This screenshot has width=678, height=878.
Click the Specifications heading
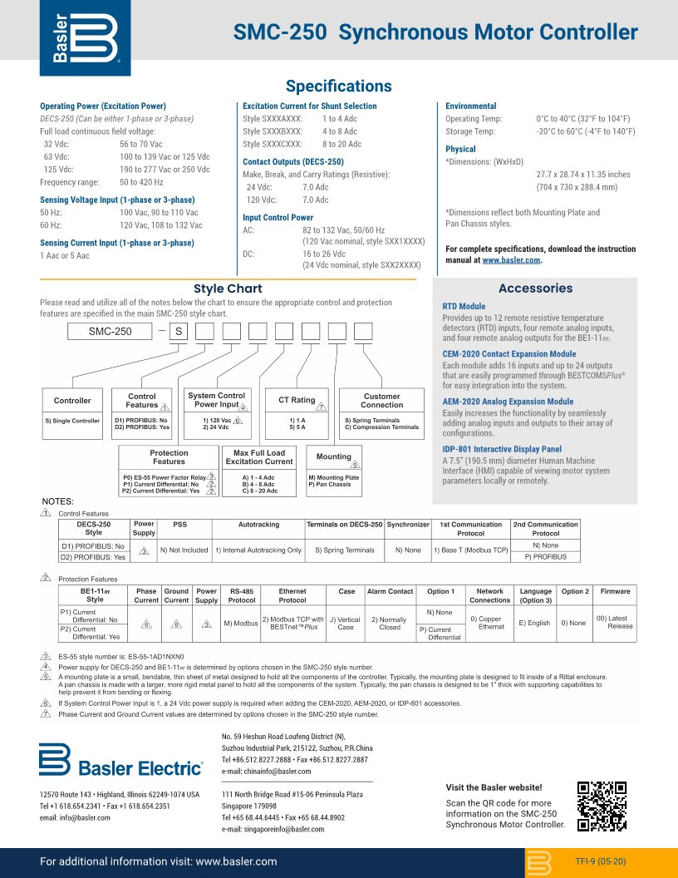pyautogui.click(x=338, y=86)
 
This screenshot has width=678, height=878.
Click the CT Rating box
pyautogui.click(x=297, y=401)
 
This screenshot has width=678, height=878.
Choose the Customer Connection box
pyautogui.click(x=381, y=401)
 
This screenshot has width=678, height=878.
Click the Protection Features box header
pyautogui.click(x=169, y=457)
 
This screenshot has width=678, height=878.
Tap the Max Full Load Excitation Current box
pyautogui.click(x=259, y=456)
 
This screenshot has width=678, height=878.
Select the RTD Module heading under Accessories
pyautogui.click(x=464, y=307)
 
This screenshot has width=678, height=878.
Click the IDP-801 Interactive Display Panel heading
pyautogui.click(x=501, y=449)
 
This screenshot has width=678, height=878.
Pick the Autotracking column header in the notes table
pyautogui.click(x=258, y=525)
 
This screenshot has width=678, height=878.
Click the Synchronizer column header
pyautogui.click(x=408, y=525)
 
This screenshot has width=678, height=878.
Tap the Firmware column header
pyautogui.click(x=615, y=591)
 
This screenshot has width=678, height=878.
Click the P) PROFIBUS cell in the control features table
pyautogui.click(x=545, y=556)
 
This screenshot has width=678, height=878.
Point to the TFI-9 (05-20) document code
pyautogui.click(x=599, y=861)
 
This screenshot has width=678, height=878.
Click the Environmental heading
pyautogui.click(x=470, y=106)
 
